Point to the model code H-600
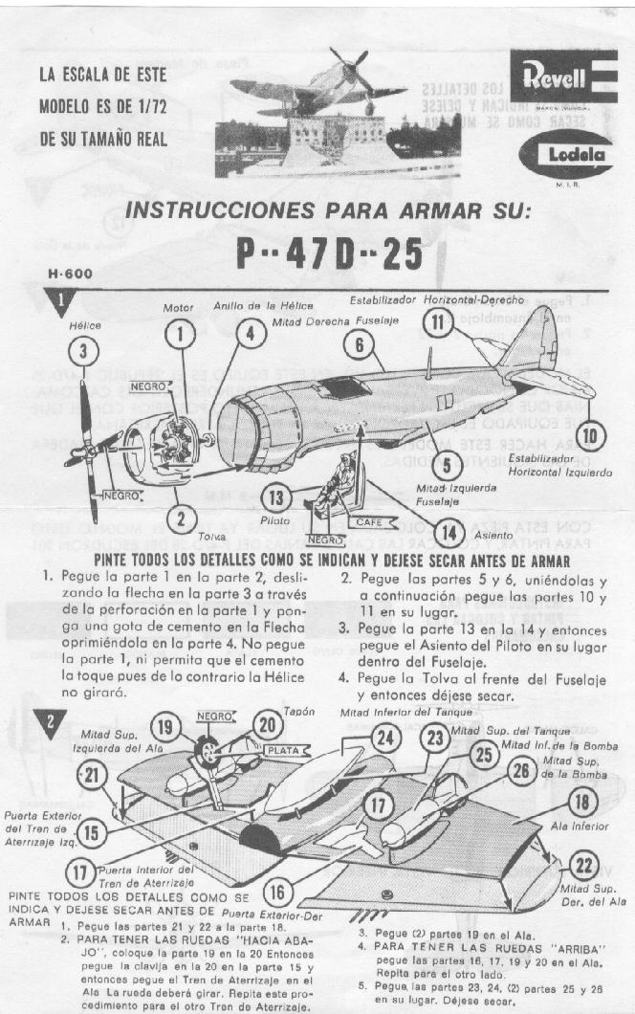(x=70, y=274)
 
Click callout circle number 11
(x=438, y=321)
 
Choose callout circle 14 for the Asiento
(x=446, y=532)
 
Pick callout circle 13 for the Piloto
(x=276, y=496)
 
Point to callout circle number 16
(x=278, y=893)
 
